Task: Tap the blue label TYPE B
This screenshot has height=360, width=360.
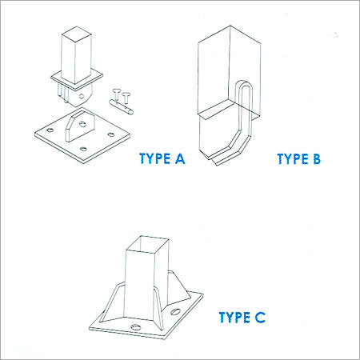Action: tap(299, 158)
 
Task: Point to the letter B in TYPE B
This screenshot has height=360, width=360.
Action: tap(317, 158)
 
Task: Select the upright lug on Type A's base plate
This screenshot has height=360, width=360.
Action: tap(79, 126)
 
